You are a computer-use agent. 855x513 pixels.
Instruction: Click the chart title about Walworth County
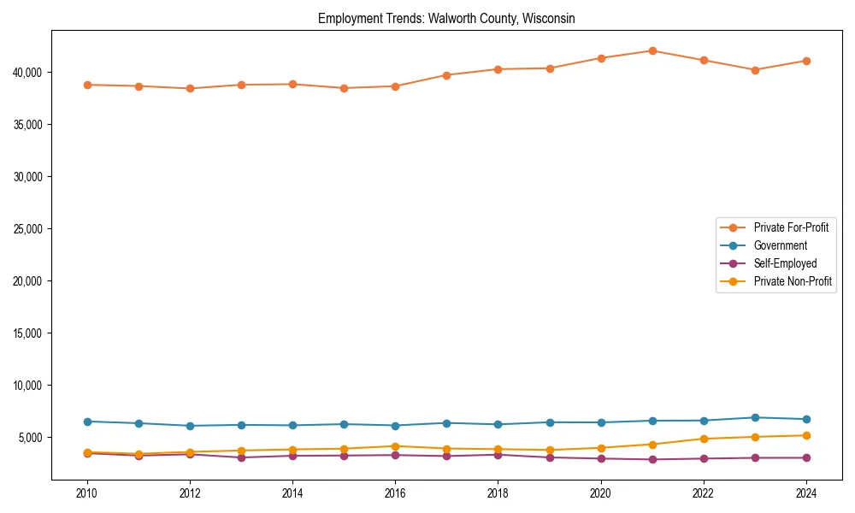tap(446, 18)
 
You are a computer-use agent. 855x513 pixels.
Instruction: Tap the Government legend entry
tap(780, 245)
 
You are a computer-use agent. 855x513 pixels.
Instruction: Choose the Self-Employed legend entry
tap(785, 263)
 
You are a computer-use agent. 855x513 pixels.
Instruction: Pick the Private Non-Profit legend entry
tap(793, 281)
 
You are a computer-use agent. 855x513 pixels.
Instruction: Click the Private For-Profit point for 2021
tap(652, 50)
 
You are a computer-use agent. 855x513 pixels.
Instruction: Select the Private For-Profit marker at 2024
tap(806, 61)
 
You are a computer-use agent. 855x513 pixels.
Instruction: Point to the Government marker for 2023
tap(755, 417)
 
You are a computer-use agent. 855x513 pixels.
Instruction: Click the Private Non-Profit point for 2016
tap(395, 446)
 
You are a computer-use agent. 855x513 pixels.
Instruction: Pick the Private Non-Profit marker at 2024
tap(806, 435)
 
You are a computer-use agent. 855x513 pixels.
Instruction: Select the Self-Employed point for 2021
tap(652, 459)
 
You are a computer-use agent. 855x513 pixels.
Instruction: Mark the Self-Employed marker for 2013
tap(241, 457)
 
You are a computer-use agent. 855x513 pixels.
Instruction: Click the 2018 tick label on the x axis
tap(498, 493)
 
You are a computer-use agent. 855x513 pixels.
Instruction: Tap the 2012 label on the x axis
tap(189, 493)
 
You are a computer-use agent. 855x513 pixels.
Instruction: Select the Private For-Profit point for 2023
tap(755, 70)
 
